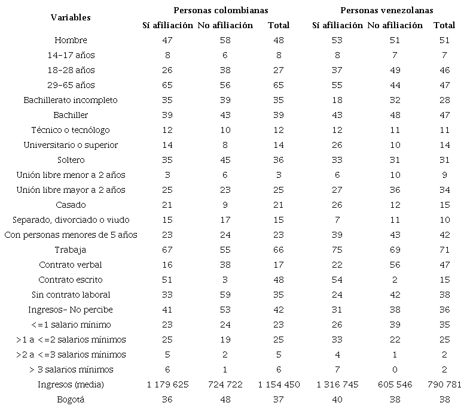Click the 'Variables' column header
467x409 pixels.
pyautogui.click(x=71, y=17)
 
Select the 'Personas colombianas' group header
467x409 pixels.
pyautogui.click(x=221, y=10)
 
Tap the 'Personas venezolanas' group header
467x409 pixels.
pyautogui.click(x=387, y=10)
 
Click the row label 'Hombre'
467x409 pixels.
pyautogui.click(x=71, y=40)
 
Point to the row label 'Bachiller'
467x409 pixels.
pyautogui.click(x=71, y=115)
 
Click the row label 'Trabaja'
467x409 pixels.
pyautogui.click(x=71, y=250)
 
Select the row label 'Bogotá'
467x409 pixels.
pyautogui.click(x=71, y=399)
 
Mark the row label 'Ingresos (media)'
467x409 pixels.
pyautogui.click(x=71, y=384)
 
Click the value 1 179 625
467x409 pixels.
pyautogui.click(x=167, y=384)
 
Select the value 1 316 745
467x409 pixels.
pyautogui.click(x=337, y=384)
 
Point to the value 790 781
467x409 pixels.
pyautogui.click(x=444, y=384)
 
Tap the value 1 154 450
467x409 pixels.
pyautogui.click(x=279, y=384)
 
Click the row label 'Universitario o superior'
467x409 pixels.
pyautogui.click(x=71, y=145)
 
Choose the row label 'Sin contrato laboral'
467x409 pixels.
pyautogui.click(x=71, y=295)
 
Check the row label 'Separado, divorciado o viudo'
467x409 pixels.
pyautogui.click(x=71, y=220)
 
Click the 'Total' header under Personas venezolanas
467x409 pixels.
pyautogui.click(x=444, y=25)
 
